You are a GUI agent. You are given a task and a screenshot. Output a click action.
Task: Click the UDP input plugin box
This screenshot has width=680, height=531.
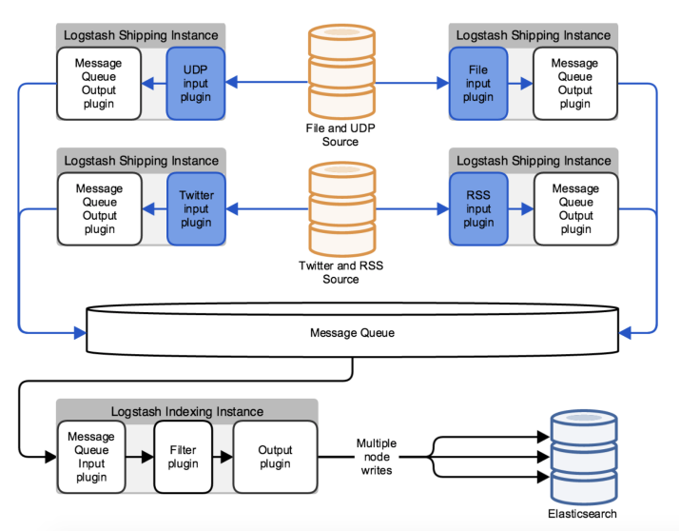196,84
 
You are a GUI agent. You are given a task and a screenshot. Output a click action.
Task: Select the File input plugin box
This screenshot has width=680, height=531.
478,84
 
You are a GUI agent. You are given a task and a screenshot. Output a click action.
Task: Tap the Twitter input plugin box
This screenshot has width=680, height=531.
197,208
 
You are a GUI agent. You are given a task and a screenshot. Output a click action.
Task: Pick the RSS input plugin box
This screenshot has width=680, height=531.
478,208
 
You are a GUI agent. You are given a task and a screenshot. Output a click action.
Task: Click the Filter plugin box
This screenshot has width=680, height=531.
183,457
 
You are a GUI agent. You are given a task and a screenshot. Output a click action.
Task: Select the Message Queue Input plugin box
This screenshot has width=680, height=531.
91,457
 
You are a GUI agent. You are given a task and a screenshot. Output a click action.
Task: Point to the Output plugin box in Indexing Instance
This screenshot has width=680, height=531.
276,457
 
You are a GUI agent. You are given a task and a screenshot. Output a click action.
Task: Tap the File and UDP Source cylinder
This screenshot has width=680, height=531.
341,71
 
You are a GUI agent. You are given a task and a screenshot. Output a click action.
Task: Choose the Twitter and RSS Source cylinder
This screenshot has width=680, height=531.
342,209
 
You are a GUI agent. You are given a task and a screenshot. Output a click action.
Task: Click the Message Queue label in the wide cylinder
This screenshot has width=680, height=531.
352,333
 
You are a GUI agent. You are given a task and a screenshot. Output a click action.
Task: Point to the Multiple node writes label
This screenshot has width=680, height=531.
377,457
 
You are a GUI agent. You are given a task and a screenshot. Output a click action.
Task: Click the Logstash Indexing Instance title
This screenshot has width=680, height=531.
187,411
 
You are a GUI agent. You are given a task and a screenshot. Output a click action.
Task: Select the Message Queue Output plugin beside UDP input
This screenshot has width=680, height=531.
99,84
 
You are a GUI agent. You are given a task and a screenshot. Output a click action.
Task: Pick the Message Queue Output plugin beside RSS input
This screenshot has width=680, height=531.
576,208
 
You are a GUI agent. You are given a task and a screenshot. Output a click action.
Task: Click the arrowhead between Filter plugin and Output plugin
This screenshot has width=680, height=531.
226,457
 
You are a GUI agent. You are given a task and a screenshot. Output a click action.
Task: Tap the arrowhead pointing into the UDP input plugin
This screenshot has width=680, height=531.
232,82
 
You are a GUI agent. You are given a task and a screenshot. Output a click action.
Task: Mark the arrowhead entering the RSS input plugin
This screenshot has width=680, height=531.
443,208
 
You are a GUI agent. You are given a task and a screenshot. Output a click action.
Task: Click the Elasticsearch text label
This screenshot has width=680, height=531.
582,514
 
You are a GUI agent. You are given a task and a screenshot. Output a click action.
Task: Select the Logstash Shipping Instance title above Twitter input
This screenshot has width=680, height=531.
142,161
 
